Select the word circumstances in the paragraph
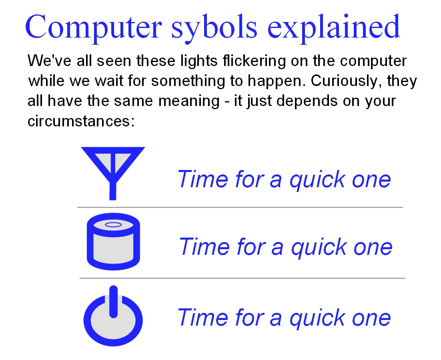point(81,121)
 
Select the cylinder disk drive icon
point(113,242)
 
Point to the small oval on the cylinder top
point(113,224)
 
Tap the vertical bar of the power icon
point(113,302)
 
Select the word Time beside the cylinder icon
point(204,246)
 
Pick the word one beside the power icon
point(371,319)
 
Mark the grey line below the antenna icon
point(240,208)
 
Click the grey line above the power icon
point(243,278)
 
